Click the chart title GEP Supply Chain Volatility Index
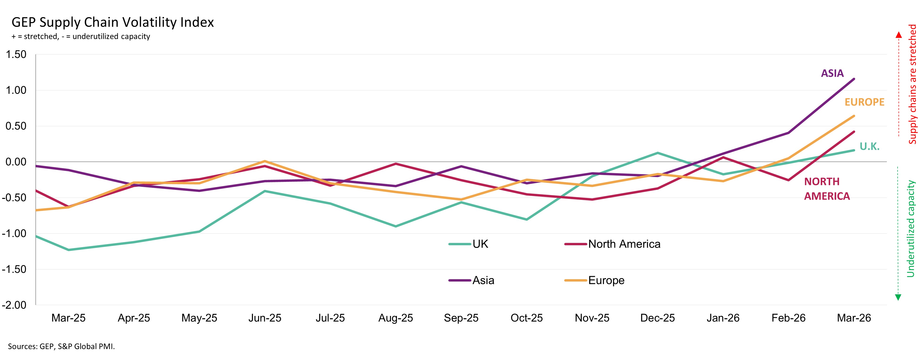tap(113, 22)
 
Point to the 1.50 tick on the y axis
tap(16, 54)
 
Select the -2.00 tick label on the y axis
tap(14, 305)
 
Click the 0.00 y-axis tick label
tap(16, 162)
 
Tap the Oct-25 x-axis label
tap(526, 318)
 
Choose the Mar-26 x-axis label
tap(854, 318)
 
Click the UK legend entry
tap(480, 244)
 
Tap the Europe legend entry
tap(606, 280)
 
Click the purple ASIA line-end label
tap(832, 74)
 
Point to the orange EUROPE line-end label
tap(864, 102)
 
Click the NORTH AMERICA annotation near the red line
tap(827, 189)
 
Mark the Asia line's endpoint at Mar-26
tap(854, 79)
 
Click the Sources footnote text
tap(61, 346)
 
